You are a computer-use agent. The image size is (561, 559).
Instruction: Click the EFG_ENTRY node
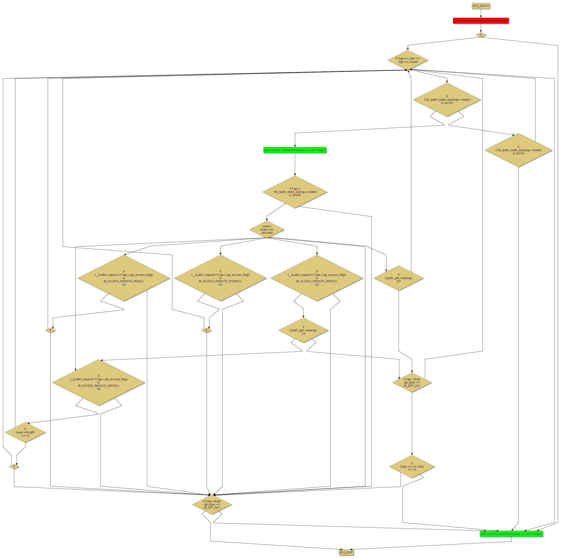click(481, 6)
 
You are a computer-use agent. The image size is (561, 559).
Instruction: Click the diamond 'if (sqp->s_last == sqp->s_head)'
click(408, 60)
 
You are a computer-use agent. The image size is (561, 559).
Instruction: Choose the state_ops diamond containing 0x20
click(518, 150)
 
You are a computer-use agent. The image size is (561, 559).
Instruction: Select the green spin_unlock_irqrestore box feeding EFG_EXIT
click(511, 534)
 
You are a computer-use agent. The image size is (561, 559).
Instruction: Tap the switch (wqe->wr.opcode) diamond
click(267, 230)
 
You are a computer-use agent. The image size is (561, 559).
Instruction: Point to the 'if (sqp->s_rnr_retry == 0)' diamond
click(412, 467)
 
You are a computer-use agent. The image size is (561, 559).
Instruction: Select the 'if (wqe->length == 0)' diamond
click(25, 432)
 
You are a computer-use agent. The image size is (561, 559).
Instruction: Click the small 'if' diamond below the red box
click(481, 35)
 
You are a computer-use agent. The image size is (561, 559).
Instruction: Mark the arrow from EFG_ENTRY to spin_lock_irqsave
click(481, 13)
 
